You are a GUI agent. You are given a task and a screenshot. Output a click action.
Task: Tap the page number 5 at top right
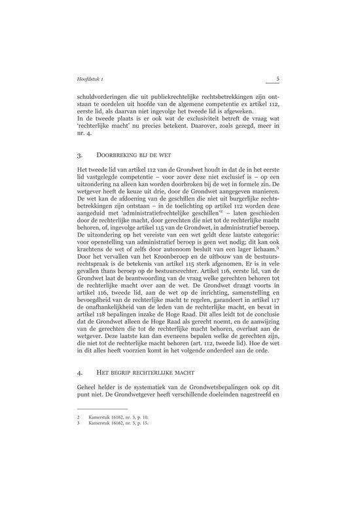tap(278, 79)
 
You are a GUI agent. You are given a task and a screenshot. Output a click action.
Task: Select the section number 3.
tap(79, 157)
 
